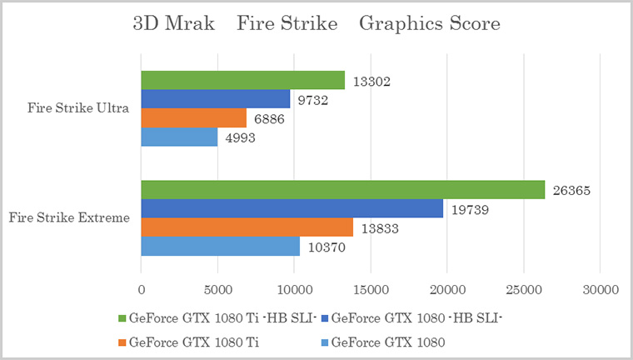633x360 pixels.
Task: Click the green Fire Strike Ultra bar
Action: click(x=242, y=80)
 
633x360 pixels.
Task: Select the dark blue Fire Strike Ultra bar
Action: click(x=215, y=98)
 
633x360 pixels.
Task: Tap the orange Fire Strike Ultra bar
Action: click(x=193, y=117)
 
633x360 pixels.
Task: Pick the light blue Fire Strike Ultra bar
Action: click(x=179, y=137)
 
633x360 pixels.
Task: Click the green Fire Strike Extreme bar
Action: click(x=342, y=189)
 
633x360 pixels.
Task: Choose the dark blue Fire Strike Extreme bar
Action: click(x=292, y=208)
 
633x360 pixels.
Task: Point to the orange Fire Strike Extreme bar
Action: click(x=247, y=227)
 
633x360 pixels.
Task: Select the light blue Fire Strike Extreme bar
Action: click(x=220, y=246)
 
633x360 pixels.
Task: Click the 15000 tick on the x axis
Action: click(x=371, y=289)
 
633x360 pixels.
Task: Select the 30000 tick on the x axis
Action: click(x=600, y=289)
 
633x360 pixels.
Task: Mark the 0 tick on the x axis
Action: click(x=141, y=289)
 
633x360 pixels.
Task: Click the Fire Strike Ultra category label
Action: click(x=77, y=108)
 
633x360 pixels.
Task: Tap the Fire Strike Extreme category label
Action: click(x=69, y=218)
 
